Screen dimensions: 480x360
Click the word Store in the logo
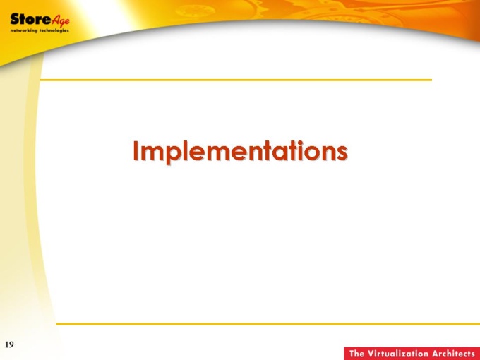point(30,19)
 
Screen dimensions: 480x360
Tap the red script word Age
point(60,20)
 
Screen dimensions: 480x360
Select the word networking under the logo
point(23,30)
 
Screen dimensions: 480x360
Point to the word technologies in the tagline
point(54,30)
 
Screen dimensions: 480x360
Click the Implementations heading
point(240,152)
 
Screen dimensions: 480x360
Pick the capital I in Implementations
point(136,151)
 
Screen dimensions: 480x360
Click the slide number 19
point(9,344)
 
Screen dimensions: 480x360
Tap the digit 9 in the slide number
point(11,344)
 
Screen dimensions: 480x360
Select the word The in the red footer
point(356,354)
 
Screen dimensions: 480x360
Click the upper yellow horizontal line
point(236,80)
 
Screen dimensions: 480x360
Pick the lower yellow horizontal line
point(268,323)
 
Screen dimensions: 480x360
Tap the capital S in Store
point(14,19)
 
